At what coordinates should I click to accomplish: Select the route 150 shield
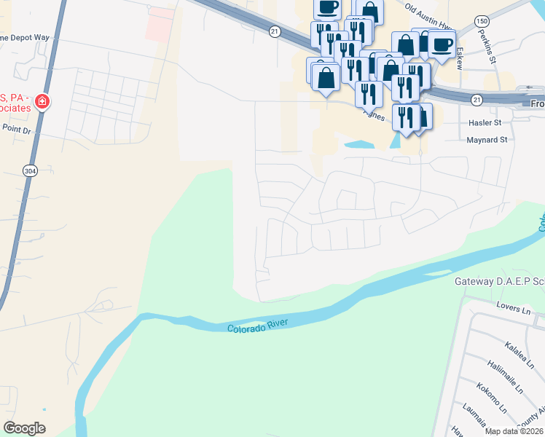pos(483,23)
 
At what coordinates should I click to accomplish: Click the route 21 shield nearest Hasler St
pos(477,99)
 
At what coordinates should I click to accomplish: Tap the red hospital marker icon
pos(43,101)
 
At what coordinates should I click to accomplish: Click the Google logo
pos(24,428)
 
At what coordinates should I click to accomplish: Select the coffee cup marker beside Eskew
pos(442,44)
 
